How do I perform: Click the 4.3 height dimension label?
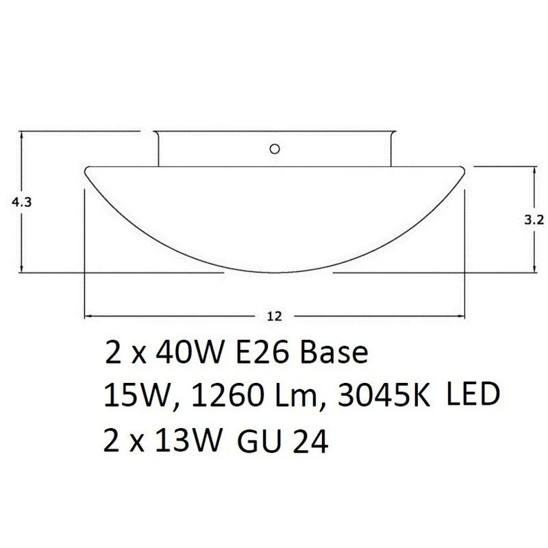click(22, 202)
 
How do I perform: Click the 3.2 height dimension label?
click(534, 220)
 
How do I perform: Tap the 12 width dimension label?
click(275, 316)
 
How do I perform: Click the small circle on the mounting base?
click(275, 149)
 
